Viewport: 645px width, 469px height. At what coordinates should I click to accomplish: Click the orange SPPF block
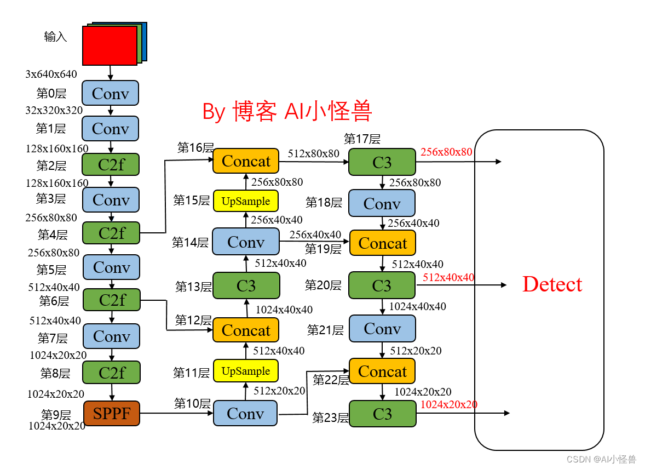112,413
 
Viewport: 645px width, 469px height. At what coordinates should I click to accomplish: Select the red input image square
110,45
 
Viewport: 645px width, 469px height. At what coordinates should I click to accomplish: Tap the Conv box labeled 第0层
110,93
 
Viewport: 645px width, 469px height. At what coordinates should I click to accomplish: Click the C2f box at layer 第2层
111,164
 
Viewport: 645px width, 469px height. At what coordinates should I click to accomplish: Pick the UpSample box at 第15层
246,201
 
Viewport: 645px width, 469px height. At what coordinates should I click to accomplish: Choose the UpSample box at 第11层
246,371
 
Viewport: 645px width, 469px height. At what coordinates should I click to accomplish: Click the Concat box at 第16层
246,161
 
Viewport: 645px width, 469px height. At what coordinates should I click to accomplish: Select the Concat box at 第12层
246,330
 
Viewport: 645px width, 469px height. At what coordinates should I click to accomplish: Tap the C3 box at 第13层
246,285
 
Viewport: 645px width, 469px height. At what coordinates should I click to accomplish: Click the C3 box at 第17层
382,162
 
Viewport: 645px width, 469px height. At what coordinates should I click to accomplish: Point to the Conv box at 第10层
245,413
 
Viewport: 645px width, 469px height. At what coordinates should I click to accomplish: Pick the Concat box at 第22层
382,371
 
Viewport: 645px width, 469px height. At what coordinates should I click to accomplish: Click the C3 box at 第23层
382,414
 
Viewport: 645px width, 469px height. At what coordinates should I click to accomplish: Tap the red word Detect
552,284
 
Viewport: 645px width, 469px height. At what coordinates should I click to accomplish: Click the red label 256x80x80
446,152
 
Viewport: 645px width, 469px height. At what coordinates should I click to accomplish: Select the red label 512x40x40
448,277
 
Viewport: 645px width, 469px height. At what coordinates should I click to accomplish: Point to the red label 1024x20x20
448,404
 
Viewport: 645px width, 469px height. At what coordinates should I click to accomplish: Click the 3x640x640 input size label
51,74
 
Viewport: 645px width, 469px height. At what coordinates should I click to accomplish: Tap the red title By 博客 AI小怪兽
287,111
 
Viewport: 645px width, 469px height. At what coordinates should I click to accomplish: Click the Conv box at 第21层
382,328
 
